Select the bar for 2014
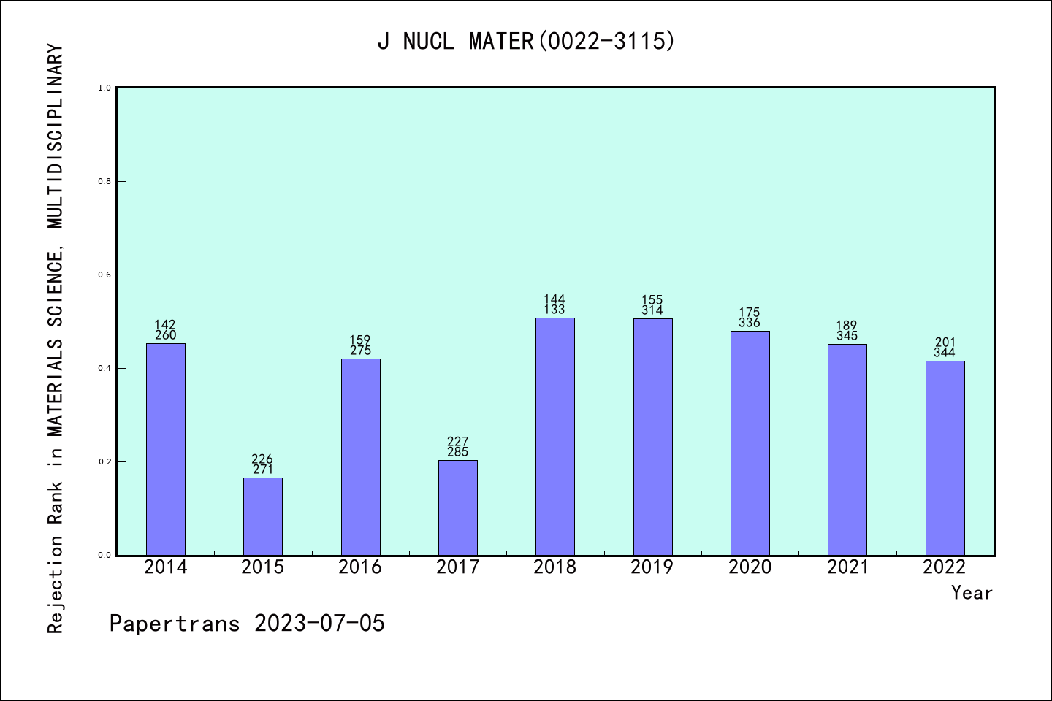point(166,449)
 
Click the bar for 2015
point(263,516)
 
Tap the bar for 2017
point(458,507)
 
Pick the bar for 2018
point(555,437)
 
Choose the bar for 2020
point(750,443)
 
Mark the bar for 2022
point(945,458)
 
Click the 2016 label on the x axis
point(360,567)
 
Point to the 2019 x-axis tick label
point(652,567)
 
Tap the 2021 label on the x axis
point(847,567)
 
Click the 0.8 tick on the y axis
point(104,182)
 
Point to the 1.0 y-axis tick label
point(104,88)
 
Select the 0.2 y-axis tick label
point(104,462)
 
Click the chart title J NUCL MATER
point(526,42)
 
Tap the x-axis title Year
point(972,593)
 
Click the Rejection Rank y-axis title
point(56,339)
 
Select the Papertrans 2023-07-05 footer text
point(247,624)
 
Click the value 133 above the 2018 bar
point(554,310)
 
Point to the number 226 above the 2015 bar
point(262,459)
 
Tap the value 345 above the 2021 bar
point(847,336)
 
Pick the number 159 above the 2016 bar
point(360,340)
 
